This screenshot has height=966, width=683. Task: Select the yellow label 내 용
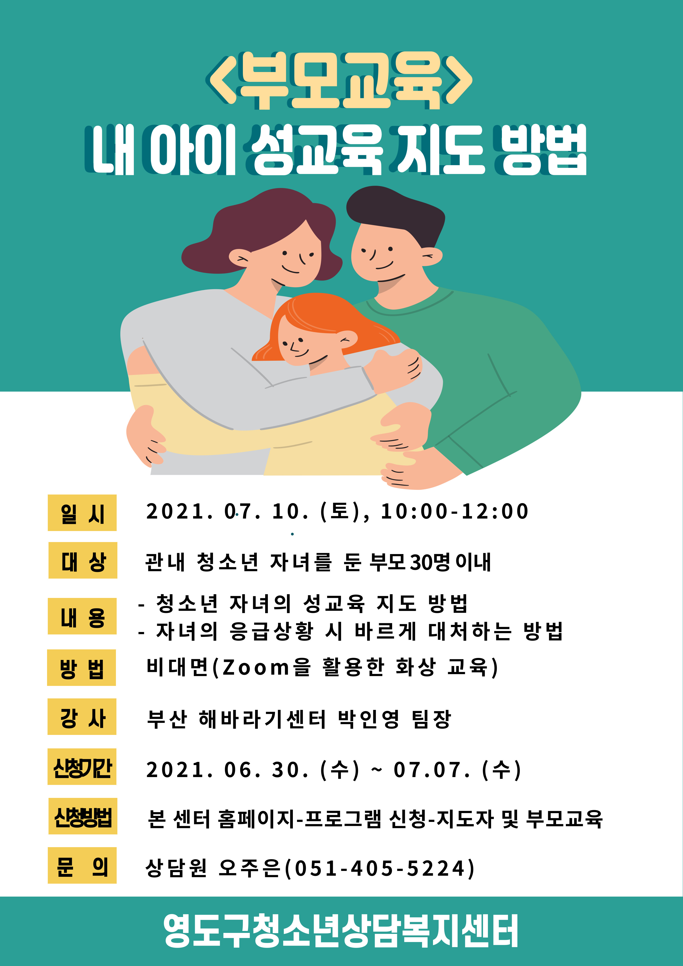tap(82, 616)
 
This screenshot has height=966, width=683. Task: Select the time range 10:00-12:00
tap(455, 511)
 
